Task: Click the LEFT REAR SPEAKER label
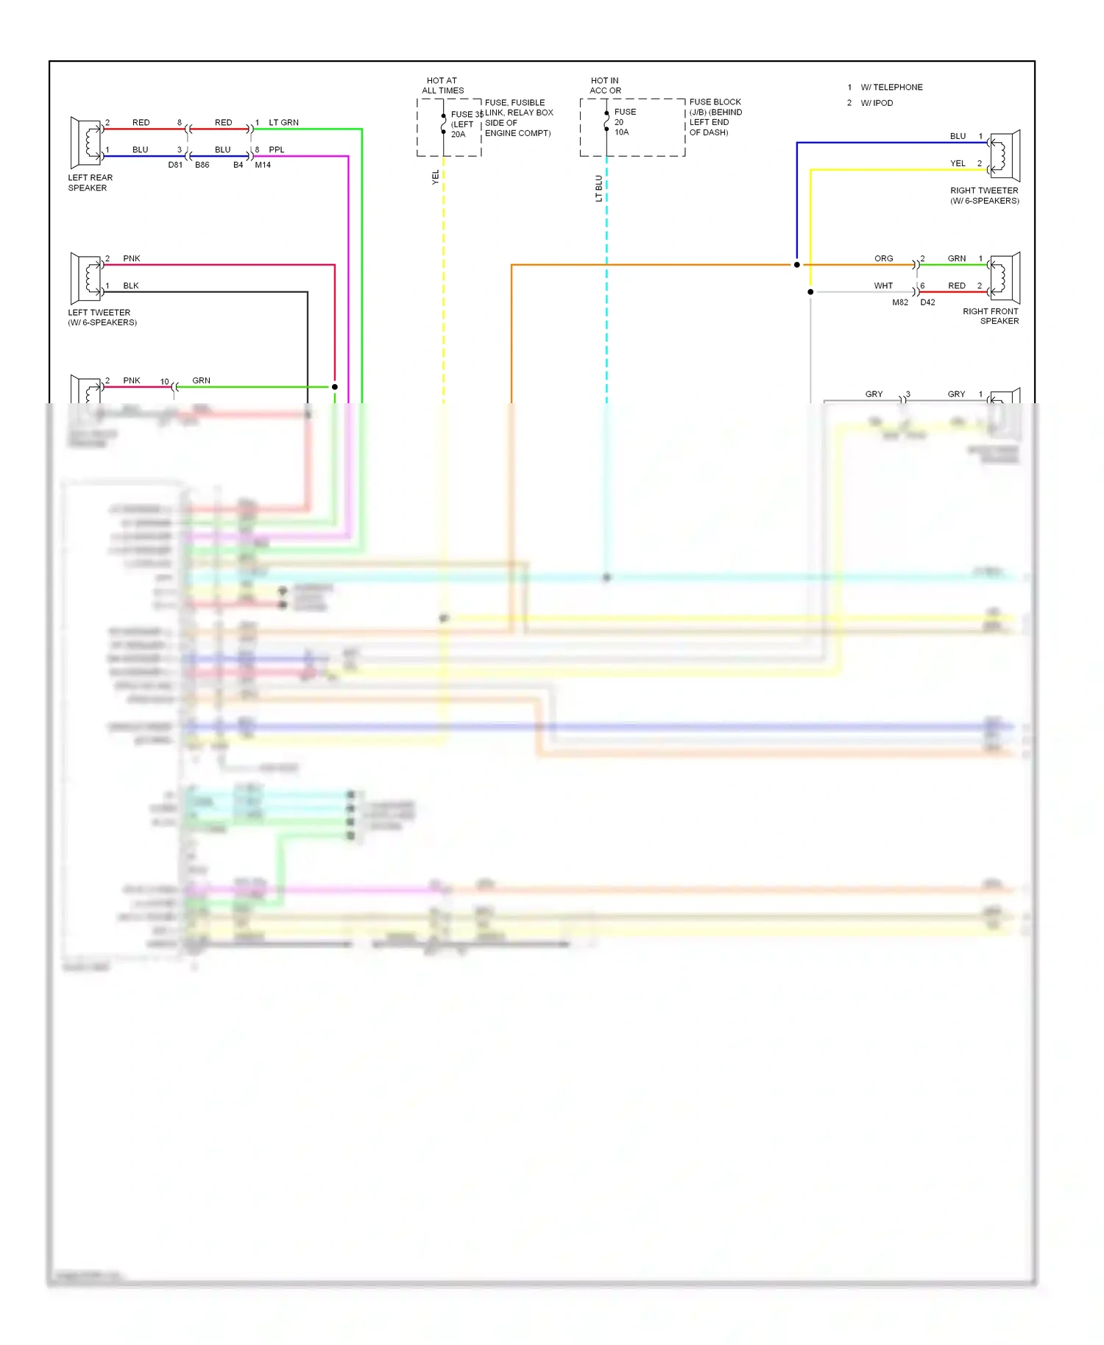point(90,182)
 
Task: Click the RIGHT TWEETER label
point(984,195)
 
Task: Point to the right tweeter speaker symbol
point(1005,156)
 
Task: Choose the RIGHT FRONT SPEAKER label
point(991,316)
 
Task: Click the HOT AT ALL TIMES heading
point(442,85)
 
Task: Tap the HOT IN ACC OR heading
point(605,85)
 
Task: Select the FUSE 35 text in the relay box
point(467,114)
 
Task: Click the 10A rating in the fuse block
point(621,132)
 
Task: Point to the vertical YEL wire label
point(435,177)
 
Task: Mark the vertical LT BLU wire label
point(598,188)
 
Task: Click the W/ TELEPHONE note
point(891,87)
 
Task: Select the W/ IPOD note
point(877,103)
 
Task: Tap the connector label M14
point(263,165)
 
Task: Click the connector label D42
point(927,302)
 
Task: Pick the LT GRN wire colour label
point(283,122)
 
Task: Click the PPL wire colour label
point(276,149)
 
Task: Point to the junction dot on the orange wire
point(796,265)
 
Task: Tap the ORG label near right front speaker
point(883,258)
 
